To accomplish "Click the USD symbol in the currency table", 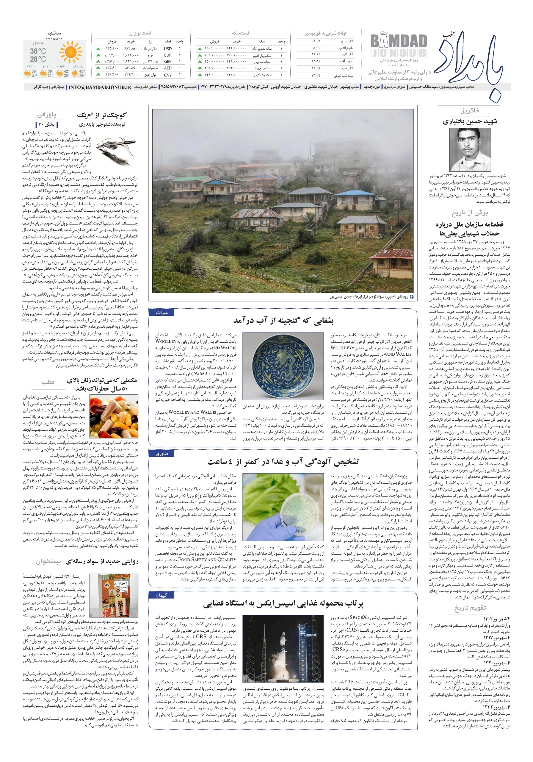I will click(x=168, y=49).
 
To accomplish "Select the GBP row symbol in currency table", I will click(x=168, y=61).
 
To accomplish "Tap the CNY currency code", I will click(x=168, y=75).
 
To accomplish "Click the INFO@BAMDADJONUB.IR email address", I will click(x=100, y=87).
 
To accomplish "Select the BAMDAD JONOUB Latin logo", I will click(x=398, y=46).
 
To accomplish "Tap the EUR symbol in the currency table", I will click(x=168, y=55).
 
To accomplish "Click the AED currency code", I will click(x=168, y=68).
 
